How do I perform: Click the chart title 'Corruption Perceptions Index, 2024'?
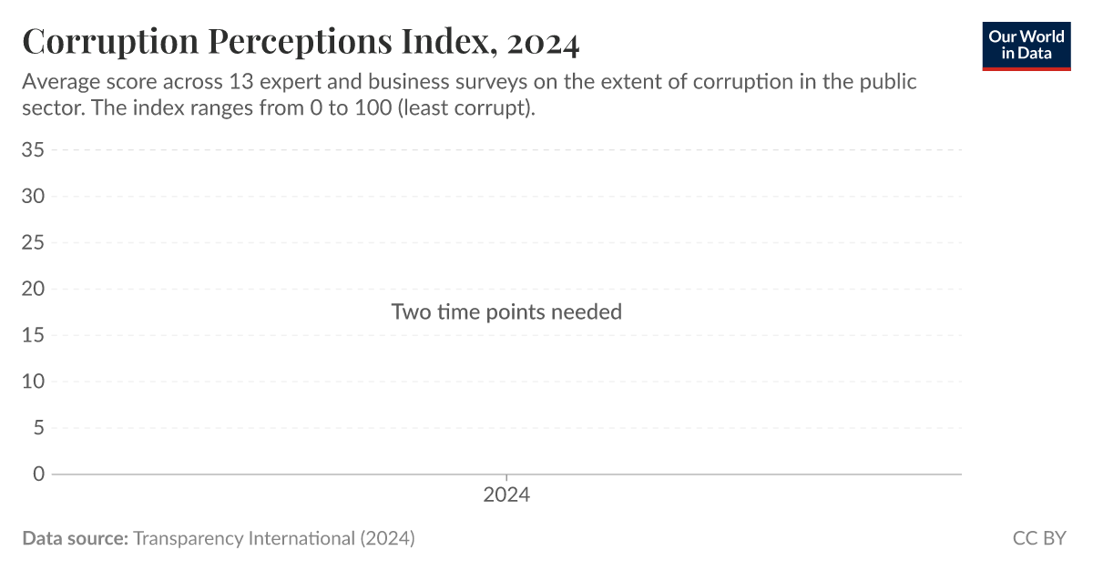pyautogui.click(x=301, y=43)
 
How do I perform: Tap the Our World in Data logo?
pyautogui.click(x=1027, y=45)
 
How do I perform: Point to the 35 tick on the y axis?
pyautogui.click(x=33, y=149)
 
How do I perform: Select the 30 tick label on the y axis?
pyautogui.click(x=33, y=196)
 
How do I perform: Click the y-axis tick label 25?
pyautogui.click(x=33, y=242)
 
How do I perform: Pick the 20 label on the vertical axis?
pyautogui.click(x=33, y=289)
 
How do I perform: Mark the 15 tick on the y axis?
pyautogui.click(x=33, y=335)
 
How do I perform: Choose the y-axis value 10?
pyautogui.click(x=33, y=382)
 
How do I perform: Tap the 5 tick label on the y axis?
pyautogui.click(x=38, y=428)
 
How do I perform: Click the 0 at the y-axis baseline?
pyautogui.click(x=38, y=474)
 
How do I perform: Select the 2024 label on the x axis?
pyautogui.click(x=506, y=496)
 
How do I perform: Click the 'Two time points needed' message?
pyautogui.click(x=506, y=311)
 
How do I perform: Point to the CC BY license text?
pyautogui.click(x=1039, y=538)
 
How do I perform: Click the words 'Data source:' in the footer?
pyautogui.click(x=75, y=538)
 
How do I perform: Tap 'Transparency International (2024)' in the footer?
pyautogui.click(x=274, y=538)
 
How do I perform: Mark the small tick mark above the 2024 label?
pyautogui.click(x=506, y=478)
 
